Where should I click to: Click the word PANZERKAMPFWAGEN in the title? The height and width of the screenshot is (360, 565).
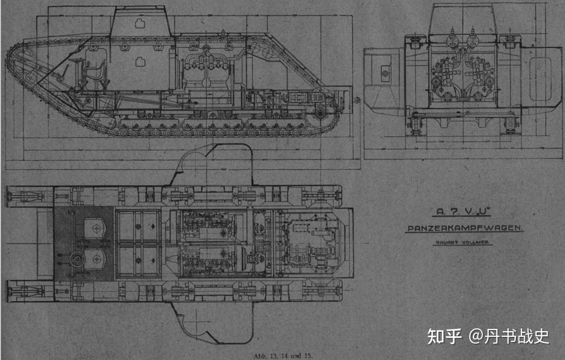[464, 228]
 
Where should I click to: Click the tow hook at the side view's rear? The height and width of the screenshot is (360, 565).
[357, 100]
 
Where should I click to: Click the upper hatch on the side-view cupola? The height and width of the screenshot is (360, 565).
[139, 24]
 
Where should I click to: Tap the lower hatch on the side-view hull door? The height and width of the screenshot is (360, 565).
[139, 60]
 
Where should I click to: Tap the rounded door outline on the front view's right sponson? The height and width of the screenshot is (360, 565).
[542, 73]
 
